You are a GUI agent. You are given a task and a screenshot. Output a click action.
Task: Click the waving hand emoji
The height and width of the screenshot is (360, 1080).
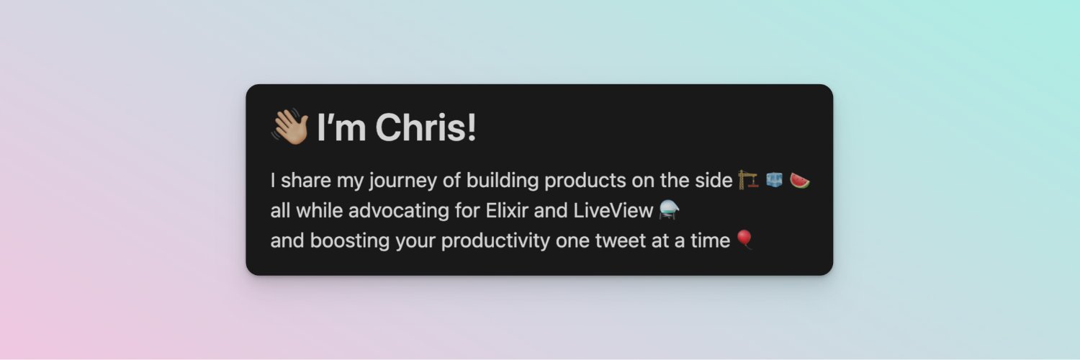tap(289, 127)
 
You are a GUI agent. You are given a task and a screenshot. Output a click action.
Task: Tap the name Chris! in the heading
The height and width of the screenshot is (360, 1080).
tap(426, 128)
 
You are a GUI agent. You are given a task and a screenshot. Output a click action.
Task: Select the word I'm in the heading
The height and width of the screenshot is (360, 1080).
tap(342, 128)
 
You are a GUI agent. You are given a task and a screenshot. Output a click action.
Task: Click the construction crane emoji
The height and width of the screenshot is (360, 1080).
tap(749, 180)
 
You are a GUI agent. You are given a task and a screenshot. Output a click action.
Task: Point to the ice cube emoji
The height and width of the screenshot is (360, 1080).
tap(775, 180)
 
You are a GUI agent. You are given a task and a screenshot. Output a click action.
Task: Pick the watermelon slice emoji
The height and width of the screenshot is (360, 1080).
tap(800, 180)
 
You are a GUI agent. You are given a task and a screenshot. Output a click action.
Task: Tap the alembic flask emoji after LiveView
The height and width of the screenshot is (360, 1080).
tap(670, 210)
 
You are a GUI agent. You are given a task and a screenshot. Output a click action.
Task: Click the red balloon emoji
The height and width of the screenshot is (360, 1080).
tap(745, 240)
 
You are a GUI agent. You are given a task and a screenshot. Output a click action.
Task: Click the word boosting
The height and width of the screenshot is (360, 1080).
tap(350, 240)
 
